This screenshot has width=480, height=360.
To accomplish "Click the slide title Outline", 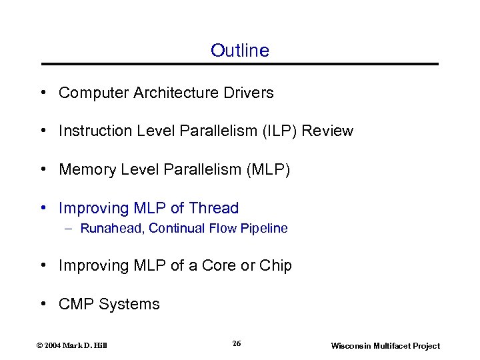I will coord(239,51).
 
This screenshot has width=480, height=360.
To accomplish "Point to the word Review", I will coord(327,131).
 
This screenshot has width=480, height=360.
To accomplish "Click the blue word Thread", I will coord(213,209).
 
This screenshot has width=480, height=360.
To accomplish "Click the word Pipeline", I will coord(265,229).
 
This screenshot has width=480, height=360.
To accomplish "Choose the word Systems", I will coord(129,304).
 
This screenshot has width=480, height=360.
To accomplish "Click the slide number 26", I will coord(237,343).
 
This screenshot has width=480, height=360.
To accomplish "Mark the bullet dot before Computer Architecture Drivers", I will coord(43,93).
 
